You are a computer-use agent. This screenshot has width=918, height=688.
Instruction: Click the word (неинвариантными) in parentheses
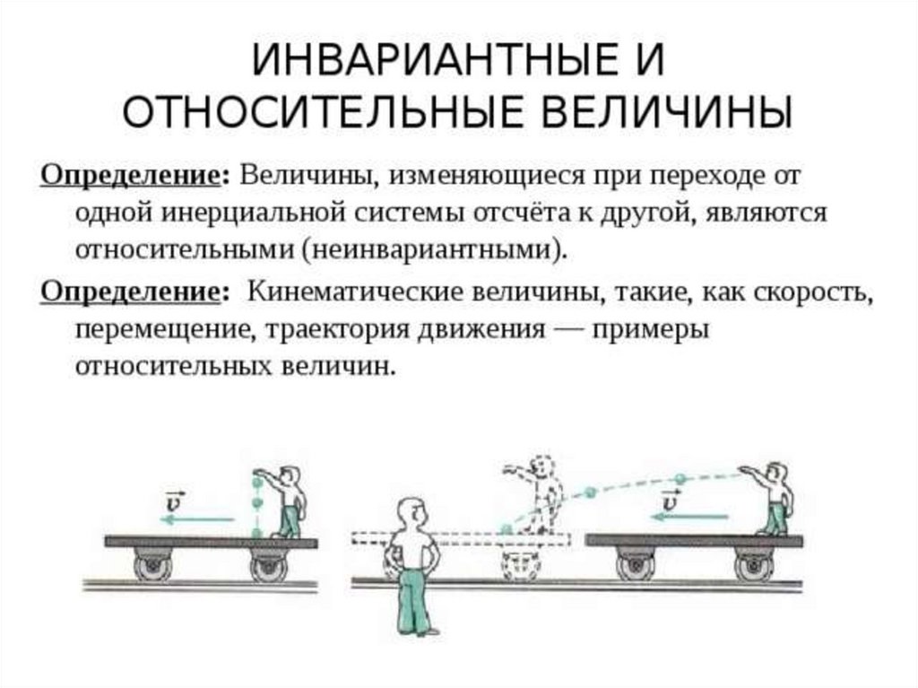[437, 248]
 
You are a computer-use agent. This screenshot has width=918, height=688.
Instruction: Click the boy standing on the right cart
[774, 497]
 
